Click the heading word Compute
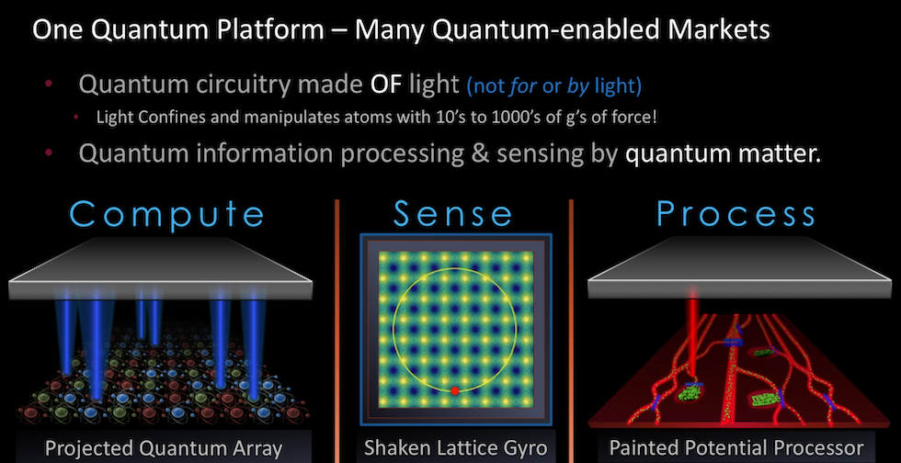(167, 214)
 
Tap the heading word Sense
(452, 214)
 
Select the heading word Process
(736, 214)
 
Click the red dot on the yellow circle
(454, 390)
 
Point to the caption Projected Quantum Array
(164, 448)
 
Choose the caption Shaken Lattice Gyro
(456, 447)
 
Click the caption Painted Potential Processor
(736, 447)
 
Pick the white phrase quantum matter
(723, 154)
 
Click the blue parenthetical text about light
(554, 85)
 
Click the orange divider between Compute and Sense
(336, 331)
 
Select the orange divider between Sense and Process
(571, 331)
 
